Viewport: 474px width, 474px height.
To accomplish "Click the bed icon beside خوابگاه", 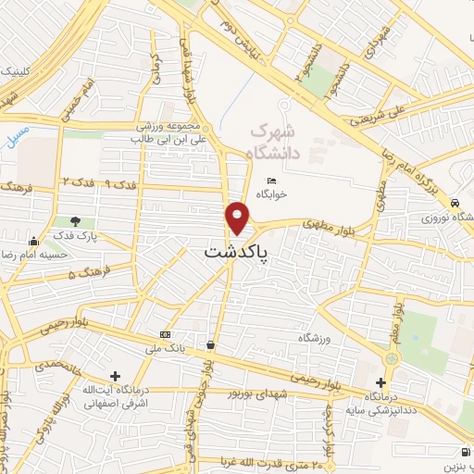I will tap(271, 181).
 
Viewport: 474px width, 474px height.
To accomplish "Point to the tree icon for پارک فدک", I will tap(75, 221).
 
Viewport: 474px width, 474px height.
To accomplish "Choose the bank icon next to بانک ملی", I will tap(165, 334).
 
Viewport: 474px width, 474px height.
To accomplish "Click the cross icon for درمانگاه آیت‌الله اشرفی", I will tap(115, 376).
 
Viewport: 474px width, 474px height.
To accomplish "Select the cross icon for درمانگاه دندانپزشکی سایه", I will tap(381, 382).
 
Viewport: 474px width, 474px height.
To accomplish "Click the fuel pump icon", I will tap(463, 453).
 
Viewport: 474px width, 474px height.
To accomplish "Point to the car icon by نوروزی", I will tap(455, 203).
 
